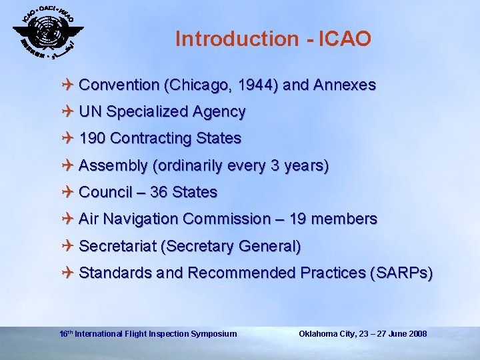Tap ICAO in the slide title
pos(345,39)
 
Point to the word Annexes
pos(346,85)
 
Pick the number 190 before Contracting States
pos(92,139)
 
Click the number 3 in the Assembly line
pos(275,166)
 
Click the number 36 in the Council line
pos(159,193)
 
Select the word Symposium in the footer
pos(213,333)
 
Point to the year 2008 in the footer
pos(416,333)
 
